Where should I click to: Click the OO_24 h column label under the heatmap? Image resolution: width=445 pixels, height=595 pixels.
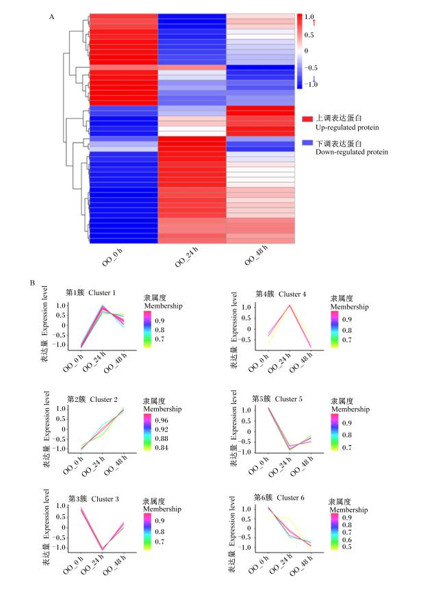pyautogui.click(x=186, y=257)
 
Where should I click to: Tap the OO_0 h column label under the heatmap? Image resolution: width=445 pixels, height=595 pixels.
pyautogui.click(x=112, y=257)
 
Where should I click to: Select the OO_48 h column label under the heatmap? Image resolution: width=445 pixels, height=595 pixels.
pyautogui.click(x=256, y=255)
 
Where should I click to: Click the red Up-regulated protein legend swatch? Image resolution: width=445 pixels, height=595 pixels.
pyautogui.click(x=307, y=118)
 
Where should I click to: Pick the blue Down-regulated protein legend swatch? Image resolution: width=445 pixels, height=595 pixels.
pyautogui.click(x=307, y=142)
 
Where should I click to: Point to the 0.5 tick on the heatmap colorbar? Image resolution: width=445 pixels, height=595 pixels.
pyautogui.click(x=309, y=35)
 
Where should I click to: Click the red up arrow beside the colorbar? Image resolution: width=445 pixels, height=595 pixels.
pyautogui.click(x=314, y=23)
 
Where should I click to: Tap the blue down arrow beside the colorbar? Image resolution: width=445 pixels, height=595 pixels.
pyautogui.click(x=314, y=79)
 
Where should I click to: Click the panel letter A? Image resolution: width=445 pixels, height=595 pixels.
pyautogui.click(x=51, y=16)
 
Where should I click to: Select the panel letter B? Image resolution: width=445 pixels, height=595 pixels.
pyautogui.click(x=33, y=283)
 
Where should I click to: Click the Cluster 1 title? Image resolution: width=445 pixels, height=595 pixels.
pyautogui.click(x=90, y=292)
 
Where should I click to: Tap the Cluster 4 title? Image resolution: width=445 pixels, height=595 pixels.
pyautogui.click(x=281, y=294)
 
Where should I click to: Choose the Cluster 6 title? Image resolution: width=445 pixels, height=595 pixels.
pyautogui.click(x=279, y=498)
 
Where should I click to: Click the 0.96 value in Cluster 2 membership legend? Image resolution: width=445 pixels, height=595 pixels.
pyautogui.click(x=162, y=420)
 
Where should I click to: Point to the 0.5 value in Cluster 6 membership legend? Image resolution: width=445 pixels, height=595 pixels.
pyautogui.click(x=346, y=547)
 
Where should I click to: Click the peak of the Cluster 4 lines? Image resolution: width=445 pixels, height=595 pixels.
pyautogui.click(x=290, y=305)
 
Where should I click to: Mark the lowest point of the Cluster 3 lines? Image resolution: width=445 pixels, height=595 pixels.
pyautogui.click(x=102, y=549)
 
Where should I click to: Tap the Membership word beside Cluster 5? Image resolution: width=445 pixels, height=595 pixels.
pyautogui.click(x=351, y=409)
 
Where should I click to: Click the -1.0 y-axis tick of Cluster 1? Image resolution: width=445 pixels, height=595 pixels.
pyautogui.click(x=61, y=344)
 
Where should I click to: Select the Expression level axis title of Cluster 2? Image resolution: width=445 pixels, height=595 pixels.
pyautogui.click(x=47, y=416)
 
